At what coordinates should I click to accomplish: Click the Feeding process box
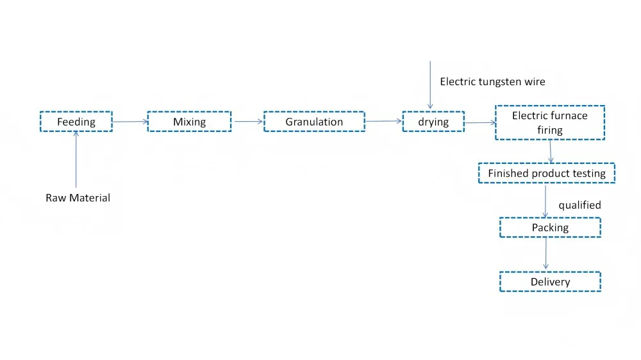pos(76,122)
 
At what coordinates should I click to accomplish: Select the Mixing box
pos(189,122)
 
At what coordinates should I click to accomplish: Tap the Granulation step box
pos(314,122)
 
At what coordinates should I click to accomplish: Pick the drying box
pos(433,122)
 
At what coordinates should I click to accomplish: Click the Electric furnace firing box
pos(550,122)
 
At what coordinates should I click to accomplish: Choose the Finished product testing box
pos(546,174)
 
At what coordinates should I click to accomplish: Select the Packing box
pos(550,227)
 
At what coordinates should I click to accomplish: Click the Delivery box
pos(550,282)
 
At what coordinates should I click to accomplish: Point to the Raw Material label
pos(78,198)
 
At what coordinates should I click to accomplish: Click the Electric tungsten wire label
pos(492,82)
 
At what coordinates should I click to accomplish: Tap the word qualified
pos(579,205)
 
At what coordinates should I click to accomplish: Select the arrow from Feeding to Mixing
pos(129,121)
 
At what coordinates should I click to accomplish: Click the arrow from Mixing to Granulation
pos(247,121)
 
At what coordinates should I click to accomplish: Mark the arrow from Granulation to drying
pos(383,120)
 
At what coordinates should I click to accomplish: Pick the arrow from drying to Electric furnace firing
pos(479,122)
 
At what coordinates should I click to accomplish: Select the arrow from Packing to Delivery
pos(545,254)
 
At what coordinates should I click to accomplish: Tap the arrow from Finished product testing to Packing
pos(545,200)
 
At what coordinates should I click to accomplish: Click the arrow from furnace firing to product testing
pos(551,151)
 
